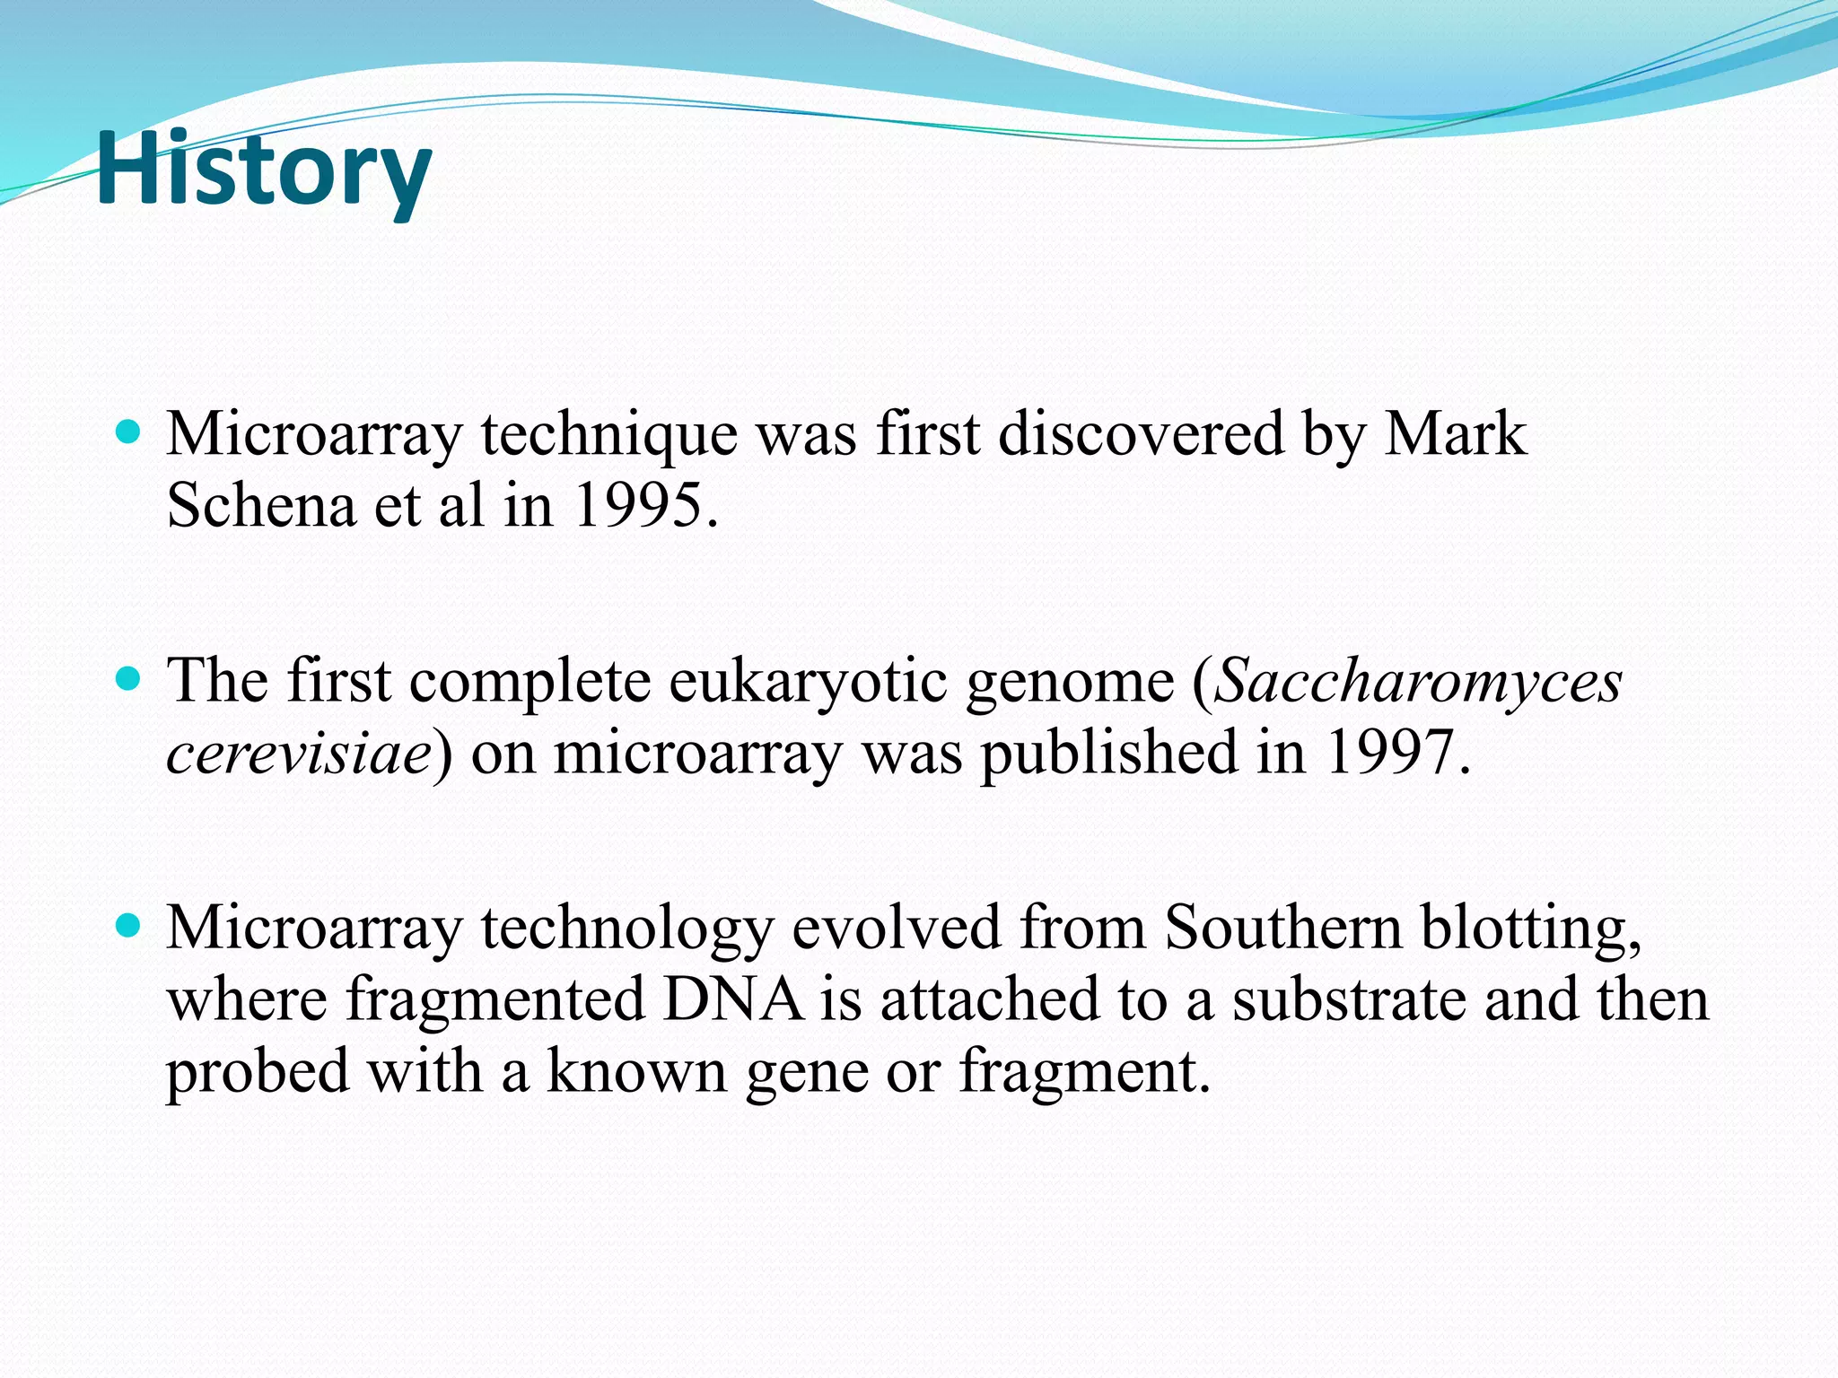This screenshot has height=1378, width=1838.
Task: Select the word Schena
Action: (x=261, y=506)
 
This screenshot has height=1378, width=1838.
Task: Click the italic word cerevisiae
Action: (x=299, y=754)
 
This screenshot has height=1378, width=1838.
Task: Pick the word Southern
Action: (x=1282, y=927)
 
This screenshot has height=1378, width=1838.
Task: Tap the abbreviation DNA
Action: (x=733, y=999)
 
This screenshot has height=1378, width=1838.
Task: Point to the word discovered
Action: (x=1141, y=434)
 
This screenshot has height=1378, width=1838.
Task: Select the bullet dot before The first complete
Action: (x=129, y=680)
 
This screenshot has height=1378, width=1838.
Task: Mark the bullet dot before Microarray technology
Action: (x=129, y=926)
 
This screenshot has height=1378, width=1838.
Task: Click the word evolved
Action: (x=896, y=927)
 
